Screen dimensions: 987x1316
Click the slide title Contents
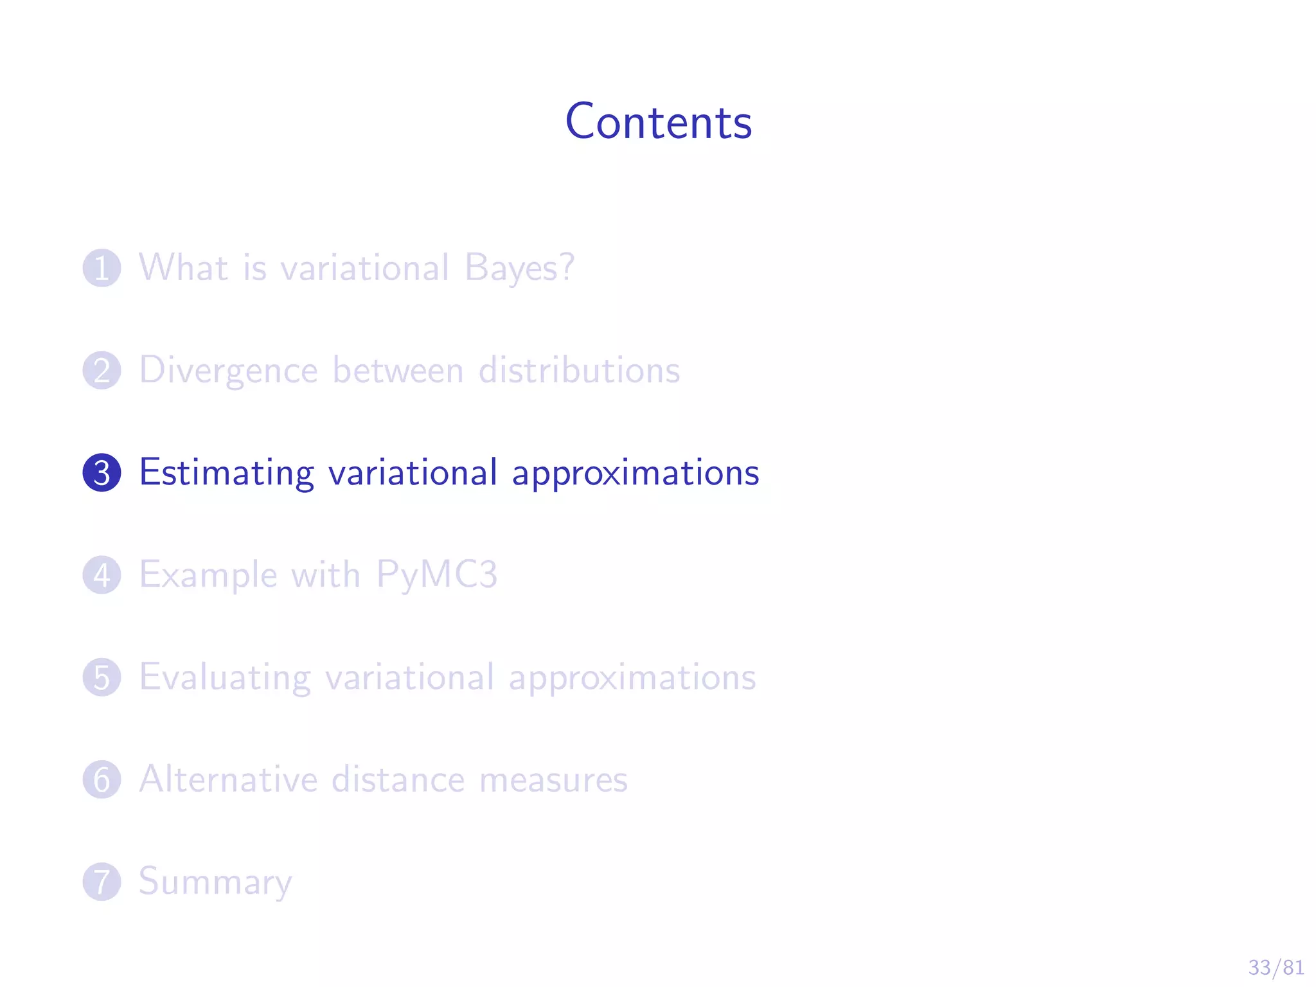click(658, 121)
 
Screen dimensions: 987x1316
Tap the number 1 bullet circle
click(102, 268)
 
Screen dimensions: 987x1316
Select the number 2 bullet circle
click(102, 370)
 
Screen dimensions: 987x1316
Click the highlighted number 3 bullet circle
click(102, 472)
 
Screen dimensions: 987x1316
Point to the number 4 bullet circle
click(102, 574)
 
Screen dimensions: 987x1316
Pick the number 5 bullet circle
click(102, 677)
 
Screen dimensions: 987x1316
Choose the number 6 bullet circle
click(102, 779)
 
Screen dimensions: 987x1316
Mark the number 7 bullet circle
click(102, 881)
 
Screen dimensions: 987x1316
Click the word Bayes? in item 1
click(519, 268)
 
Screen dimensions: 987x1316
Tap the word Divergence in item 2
click(229, 371)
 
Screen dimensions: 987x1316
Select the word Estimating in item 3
click(226, 474)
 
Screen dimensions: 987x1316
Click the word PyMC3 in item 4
click(437, 575)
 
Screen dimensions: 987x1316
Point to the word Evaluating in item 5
click(225, 678)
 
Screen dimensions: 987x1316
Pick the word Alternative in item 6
click(229, 779)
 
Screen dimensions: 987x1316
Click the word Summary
click(215, 882)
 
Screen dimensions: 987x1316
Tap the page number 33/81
click(1276, 967)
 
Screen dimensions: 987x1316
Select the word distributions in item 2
click(579, 370)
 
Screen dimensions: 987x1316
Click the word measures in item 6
click(553, 779)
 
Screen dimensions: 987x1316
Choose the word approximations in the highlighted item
click(636, 474)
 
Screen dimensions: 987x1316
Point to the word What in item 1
click(184, 267)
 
